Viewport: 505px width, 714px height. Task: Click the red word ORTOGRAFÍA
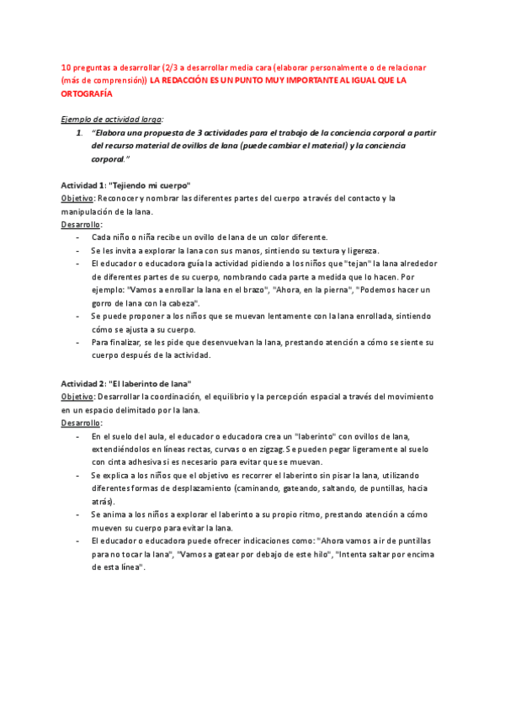coord(87,93)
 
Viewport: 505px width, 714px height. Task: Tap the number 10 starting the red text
coord(66,67)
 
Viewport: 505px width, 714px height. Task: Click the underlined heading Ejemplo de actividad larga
coord(112,120)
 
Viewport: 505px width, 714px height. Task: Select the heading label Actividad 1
coord(83,185)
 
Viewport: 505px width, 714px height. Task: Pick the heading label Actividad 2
coord(83,382)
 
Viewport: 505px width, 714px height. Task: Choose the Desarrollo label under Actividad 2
coord(81,422)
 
